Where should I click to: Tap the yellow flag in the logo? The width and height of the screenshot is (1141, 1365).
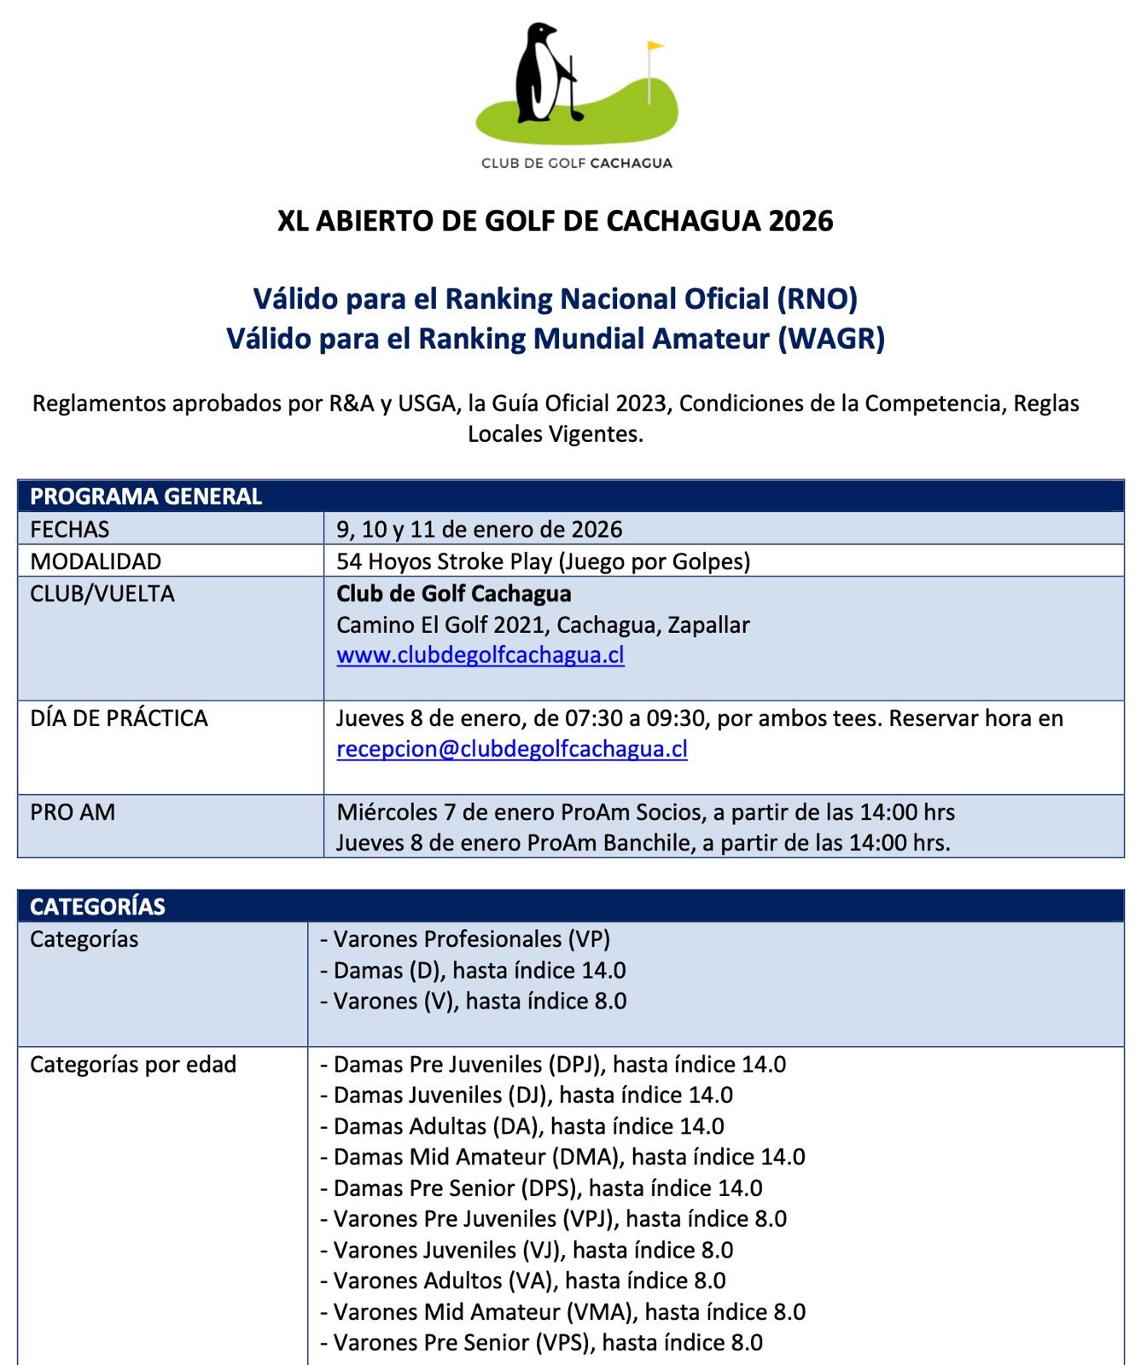pyautogui.click(x=655, y=46)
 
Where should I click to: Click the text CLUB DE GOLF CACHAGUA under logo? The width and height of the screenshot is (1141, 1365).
pyautogui.click(x=576, y=163)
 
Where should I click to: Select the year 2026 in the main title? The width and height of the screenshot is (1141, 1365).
pyautogui.click(x=800, y=222)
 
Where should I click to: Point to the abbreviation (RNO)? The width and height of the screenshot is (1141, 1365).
pyautogui.click(x=817, y=299)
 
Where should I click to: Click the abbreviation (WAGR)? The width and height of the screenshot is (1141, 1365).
pyautogui.click(x=831, y=340)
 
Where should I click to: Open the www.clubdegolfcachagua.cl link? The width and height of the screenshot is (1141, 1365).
pyautogui.click(x=480, y=655)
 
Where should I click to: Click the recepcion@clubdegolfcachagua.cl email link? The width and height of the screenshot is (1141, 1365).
pyautogui.click(x=512, y=749)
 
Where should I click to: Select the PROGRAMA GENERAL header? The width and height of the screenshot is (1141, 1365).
pyautogui.click(x=146, y=497)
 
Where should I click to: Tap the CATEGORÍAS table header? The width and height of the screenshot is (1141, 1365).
pyautogui.click(x=97, y=906)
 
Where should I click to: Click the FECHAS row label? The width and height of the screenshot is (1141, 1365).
pyautogui.click(x=70, y=530)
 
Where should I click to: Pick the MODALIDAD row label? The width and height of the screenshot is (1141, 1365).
pyautogui.click(x=96, y=561)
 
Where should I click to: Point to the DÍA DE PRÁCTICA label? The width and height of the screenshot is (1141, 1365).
pyautogui.click(x=119, y=718)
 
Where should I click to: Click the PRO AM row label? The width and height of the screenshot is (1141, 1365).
pyautogui.click(x=73, y=812)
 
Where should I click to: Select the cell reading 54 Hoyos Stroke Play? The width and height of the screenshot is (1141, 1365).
pyautogui.click(x=543, y=561)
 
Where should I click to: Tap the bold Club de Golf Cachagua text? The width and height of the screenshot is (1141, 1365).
pyautogui.click(x=454, y=594)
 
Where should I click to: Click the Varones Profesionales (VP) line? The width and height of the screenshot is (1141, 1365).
pyautogui.click(x=465, y=939)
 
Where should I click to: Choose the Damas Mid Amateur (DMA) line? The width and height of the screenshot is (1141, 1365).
pyautogui.click(x=563, y=1157)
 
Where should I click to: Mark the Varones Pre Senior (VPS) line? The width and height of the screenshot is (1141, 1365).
pyautogui.click(x=542, y=1343)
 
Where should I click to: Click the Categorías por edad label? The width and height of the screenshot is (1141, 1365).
pyautogui.click(x=133, y=1065)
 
